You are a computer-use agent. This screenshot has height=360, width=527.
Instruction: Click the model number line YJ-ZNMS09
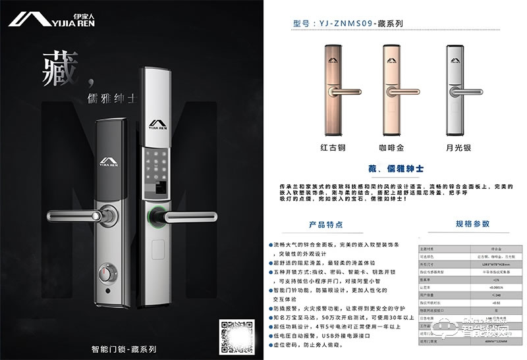[x=347, y=22]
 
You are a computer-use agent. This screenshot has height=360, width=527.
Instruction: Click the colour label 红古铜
[x=333, y=147]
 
